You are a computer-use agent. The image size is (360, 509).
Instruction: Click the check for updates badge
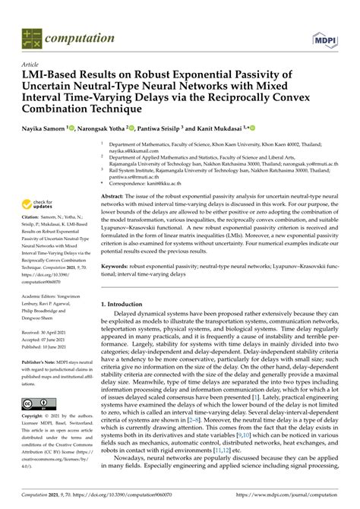click(x=37, y=205)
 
